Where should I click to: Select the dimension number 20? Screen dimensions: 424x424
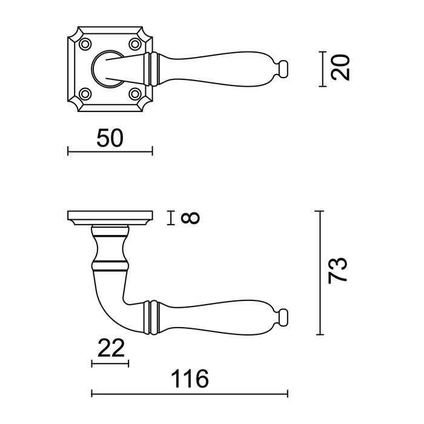(342, 67)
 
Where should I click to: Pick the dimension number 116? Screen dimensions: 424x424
(190, 380)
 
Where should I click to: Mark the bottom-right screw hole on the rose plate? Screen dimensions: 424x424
(134, 93)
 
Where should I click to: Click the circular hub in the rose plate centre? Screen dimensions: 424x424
(109, 68)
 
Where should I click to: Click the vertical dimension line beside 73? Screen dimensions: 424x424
(320, 273)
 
